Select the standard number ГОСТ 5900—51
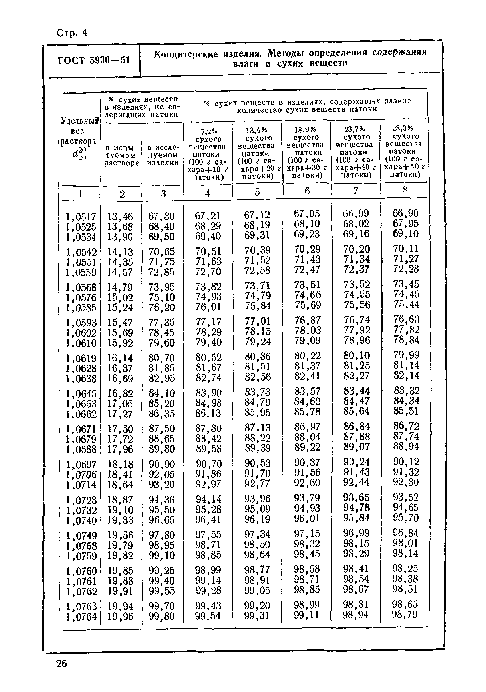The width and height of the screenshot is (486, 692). [x=93, y=61]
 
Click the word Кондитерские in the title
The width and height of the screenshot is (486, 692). [x=186, y=54]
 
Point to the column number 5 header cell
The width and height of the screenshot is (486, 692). [x=257, y=192]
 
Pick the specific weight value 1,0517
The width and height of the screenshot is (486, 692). [x=81, y=216]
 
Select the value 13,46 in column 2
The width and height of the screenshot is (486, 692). [x=120, y=216]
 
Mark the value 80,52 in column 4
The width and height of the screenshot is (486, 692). [x=208, y=357]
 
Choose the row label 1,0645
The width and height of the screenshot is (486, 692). [x=81, y=394]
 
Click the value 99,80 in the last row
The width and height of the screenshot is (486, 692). [x=162, y=616]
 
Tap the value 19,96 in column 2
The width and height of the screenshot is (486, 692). [x=120, y=616]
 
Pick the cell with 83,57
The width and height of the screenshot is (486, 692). [x=308, y=391]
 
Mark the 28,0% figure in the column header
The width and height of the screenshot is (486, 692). [x=402, y=128]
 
